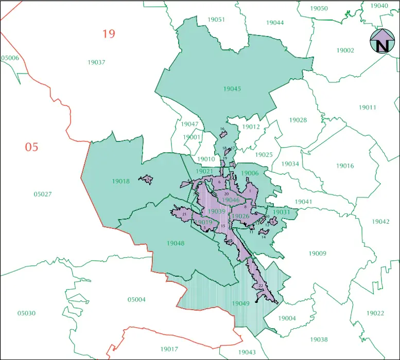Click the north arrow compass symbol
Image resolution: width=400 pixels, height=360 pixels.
pos(382,41)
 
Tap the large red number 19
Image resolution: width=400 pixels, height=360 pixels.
pos(108,34)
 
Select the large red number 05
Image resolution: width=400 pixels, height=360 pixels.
pos(32,147)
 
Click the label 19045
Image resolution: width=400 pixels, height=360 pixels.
pos(232,89)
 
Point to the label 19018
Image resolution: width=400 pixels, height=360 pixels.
pos(120,181)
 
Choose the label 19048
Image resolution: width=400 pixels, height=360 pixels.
pos(175,243)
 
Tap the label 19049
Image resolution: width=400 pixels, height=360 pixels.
pos(240,303)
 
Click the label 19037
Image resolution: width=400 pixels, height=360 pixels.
pos(96,62)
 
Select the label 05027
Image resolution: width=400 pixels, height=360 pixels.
pos(43,194)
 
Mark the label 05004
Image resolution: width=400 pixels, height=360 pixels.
pos(136,299)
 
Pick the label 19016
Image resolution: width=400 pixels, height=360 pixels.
pos(345,166)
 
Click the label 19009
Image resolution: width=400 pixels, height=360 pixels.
pos(318,253)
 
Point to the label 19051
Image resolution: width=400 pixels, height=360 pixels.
pos(216,20)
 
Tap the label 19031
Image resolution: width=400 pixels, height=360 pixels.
pos(282,212)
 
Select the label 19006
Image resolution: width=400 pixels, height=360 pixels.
pos(250,173)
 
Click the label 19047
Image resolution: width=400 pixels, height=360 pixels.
pos(189,124)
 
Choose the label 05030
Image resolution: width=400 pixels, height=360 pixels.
pos(26,313)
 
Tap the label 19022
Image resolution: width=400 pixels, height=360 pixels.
pos(375,313)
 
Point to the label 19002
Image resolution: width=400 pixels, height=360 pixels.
pos(345,50)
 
